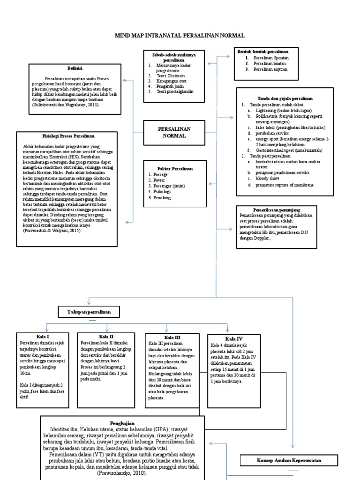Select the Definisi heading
pyautogui.click(x=75, y=68)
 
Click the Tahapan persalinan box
pyautogui.click(x=88, y=312)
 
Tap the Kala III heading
pyautogui.click(x=172, y=337)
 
